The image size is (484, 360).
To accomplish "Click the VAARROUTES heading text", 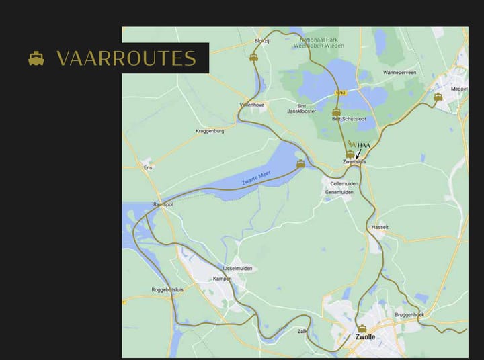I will (126, 58).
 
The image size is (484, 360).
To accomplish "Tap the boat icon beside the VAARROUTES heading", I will (36, 58).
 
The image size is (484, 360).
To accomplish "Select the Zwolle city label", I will (364, 337).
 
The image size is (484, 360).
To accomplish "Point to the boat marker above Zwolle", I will (362, 328).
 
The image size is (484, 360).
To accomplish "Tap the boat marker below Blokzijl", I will (253, 58).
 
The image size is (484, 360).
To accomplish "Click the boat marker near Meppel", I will (438, 97).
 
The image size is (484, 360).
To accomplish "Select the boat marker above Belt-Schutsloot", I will (336, 111).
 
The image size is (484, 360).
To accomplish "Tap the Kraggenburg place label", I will (209, 131).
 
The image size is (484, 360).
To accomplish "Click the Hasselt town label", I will (380, 227).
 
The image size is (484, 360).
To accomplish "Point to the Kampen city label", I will (222, 278).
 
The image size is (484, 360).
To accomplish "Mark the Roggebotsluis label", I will (168, 289).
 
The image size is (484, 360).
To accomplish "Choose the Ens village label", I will (148, 167).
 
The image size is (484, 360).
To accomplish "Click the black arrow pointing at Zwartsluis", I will (358, 154).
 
